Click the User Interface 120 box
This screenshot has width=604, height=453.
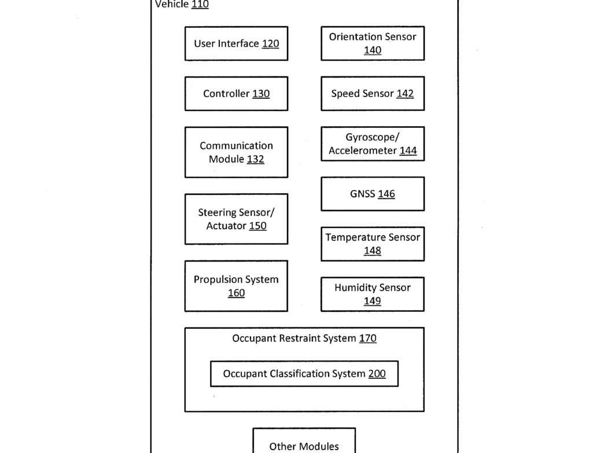pos(236,43)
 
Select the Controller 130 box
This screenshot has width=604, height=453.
pos(236,94)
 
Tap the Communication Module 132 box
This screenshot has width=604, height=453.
pos(236,152)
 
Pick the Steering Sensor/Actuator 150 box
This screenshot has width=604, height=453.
pos(236,219)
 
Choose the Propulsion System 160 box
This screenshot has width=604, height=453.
pos(236,286)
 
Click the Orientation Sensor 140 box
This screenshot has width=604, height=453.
pos(373,43)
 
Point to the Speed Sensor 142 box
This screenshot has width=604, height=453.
pos(373,94)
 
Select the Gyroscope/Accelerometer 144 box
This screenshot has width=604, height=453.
pos(373,143)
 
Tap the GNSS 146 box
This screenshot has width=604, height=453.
pos(373,194)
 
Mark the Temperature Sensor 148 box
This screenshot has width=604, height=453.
pos(373,244)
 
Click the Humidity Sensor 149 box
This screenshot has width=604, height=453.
pos(373,294)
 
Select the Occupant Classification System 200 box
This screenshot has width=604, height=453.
pos(304,374)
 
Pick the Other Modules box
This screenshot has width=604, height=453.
pos(304,440)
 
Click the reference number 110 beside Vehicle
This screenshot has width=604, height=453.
pos(200,4)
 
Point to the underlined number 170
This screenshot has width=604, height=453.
pos(367,338)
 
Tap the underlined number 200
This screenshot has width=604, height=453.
pos(377,374)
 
